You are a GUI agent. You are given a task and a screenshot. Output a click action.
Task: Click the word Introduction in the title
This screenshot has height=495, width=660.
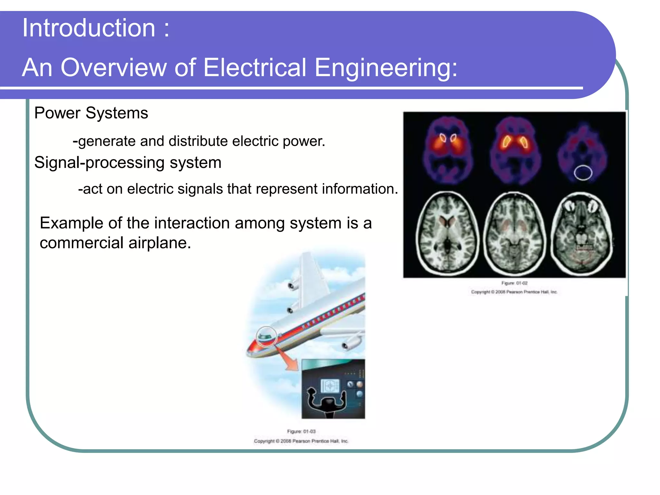[89, 28]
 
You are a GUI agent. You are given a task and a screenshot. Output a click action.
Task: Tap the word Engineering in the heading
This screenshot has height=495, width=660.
[386, 68]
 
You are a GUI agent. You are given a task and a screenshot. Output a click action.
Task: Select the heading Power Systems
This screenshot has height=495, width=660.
[91, 113]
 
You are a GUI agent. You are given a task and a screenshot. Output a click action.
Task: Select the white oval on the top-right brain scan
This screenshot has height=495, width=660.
[583, 173]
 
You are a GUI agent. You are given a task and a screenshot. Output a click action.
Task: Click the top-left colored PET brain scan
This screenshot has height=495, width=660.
[448, 150]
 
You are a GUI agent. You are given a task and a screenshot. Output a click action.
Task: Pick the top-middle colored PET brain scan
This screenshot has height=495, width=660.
[515, 150]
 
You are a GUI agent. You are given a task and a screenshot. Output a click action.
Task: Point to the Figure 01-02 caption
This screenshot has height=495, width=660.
[514, 283]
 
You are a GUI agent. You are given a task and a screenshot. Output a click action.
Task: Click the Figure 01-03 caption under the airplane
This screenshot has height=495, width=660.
[301, 432]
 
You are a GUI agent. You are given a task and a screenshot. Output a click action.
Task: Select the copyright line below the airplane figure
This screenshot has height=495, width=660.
[301, 441]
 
